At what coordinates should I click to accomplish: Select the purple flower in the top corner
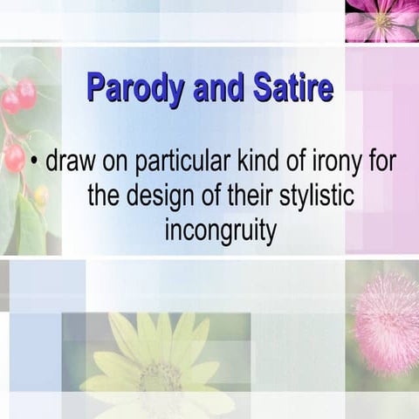[381, 20]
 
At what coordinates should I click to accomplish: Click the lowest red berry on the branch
[15, 157]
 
